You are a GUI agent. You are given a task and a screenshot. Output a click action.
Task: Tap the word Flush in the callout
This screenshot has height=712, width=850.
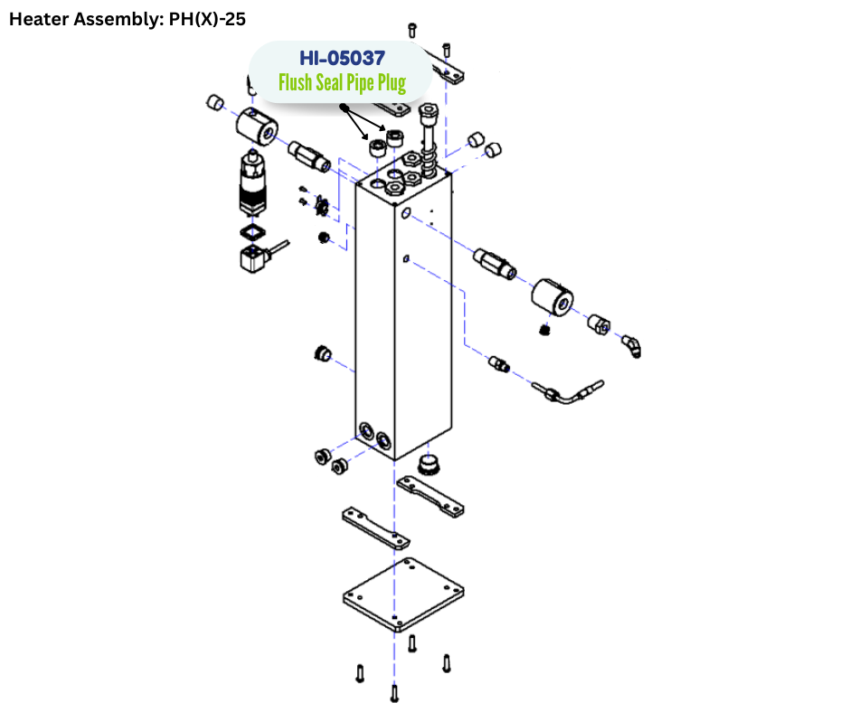[295, 84]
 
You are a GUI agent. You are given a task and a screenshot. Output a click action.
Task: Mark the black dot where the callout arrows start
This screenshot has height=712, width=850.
[344, 108]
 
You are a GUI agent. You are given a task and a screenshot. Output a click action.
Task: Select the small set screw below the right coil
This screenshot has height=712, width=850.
[544, 330]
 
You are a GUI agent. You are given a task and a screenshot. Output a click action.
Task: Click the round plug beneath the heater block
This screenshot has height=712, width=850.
[429, 465]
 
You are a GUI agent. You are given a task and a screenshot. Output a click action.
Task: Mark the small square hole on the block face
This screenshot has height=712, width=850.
[407, 259]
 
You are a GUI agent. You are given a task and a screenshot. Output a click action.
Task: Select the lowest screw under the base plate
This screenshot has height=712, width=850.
[393, 693]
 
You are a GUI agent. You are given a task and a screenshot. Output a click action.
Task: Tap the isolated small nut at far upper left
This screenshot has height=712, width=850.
[215, 102]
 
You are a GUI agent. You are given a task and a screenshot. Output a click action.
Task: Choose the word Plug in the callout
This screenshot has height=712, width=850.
[387, 84]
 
